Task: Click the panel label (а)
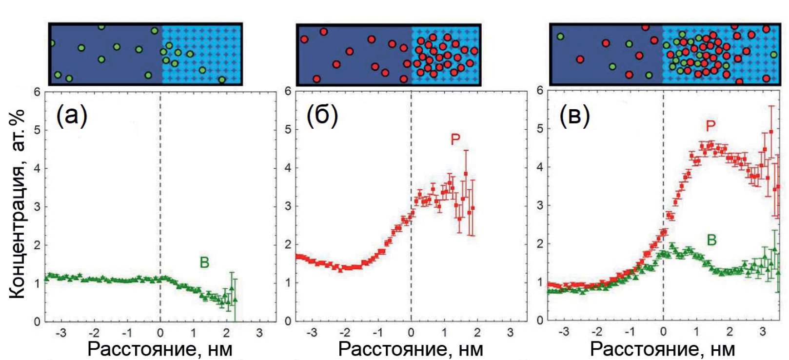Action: (x=72, y=116)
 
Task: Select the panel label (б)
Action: (x=322, y=116)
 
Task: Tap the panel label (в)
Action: (x=574, y=116)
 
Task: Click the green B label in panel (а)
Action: (x=204, y=262)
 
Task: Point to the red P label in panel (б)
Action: (x=455, y=140)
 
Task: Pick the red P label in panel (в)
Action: (x=710, y=126)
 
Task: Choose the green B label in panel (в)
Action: (x=711, y=240)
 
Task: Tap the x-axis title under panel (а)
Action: (x=160, y=349)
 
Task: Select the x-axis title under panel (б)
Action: (x=411, y=349)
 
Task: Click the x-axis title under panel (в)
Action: (x=662, y=349)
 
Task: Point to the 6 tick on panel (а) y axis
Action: (x=37, y=91)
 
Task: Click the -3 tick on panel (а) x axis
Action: (x=61, y=333)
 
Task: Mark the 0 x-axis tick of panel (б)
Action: (x=411, y=333)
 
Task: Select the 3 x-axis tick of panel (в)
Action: (x=763, y=332)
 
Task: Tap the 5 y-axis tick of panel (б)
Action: (x=288, y=129)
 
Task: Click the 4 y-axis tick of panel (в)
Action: (x=539, y=167)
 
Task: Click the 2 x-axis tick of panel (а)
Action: (x=226, y=333)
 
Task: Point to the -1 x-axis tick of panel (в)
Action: (x=630, y=332)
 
